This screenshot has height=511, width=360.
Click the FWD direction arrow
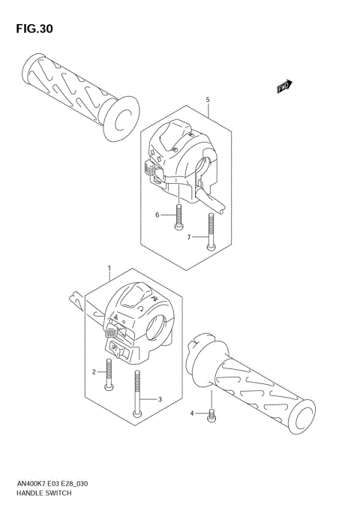pos(284,87)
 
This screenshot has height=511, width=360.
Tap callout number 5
pos(207,99)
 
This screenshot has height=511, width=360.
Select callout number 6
pos(157,215)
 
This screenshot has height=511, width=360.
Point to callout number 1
pos(109,267)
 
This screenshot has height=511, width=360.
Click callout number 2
pos(95,371)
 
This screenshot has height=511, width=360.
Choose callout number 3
pos(160,399)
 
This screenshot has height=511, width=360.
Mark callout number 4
pos(192,413)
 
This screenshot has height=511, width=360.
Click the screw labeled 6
pos(178,216)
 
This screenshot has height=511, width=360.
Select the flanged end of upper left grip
pos(119,117)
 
